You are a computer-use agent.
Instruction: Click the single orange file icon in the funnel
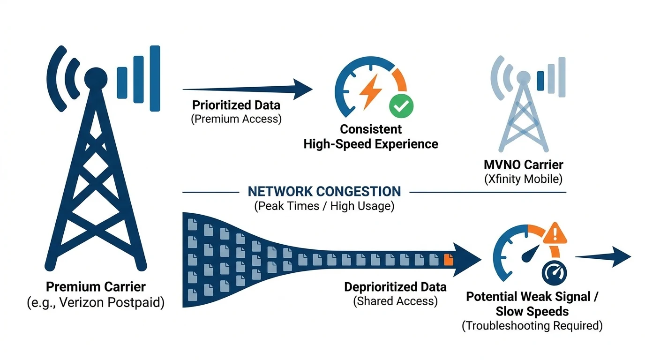[x=448, y=258]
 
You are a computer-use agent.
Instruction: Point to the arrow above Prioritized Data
[x=247, y=89]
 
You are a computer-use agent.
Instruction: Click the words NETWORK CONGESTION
[x=324, y=191]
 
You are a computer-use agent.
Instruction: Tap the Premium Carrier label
[x=96, y=287]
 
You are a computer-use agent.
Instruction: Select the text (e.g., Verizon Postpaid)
[x=96, y=303]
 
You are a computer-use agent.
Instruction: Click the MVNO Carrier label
[x=523, y=165]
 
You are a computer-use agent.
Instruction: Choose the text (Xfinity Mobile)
[x=523, y=179]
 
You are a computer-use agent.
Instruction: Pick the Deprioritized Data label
[x=395, y=287]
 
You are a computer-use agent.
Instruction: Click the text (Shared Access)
[x=395, y=301]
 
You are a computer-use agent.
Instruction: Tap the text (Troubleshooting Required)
[x=532, y=326]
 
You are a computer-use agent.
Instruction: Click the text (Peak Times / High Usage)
[x=324, y=206]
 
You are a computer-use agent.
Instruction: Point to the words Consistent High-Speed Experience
[x=370, y=136]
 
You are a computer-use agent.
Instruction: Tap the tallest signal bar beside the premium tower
[x=155, y=78]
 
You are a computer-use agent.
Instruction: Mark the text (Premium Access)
[x=236, y=119]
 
